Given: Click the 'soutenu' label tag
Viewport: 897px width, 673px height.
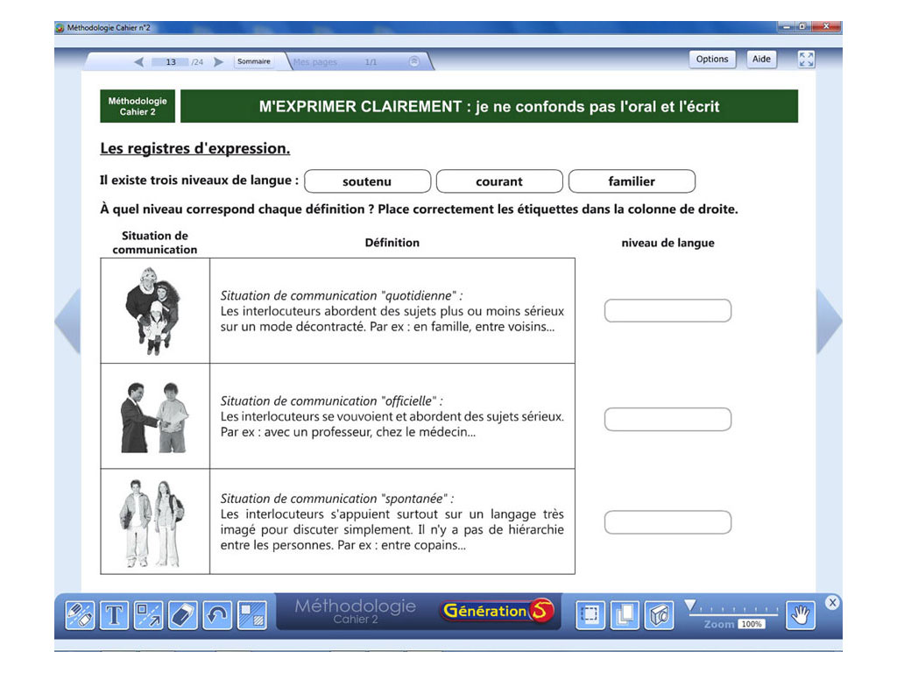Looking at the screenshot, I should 367,181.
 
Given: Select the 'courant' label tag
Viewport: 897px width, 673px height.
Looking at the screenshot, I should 499,181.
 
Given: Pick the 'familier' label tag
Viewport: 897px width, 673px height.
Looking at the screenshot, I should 632,181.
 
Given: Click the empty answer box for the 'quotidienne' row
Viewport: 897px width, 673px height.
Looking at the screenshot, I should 667,310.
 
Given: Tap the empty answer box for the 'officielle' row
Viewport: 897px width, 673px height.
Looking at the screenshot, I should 667,419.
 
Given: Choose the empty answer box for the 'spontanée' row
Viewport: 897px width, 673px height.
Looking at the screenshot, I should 667,522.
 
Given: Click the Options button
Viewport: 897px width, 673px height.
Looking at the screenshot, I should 712,60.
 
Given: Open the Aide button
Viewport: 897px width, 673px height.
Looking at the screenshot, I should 761,60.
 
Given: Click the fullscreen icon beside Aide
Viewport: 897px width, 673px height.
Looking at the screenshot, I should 806,60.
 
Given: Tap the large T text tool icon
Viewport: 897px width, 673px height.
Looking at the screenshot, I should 114,615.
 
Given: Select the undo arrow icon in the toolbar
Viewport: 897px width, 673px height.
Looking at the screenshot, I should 217,615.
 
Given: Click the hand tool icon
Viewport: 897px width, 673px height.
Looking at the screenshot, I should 800,615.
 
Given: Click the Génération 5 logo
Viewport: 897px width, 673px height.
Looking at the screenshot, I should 498,612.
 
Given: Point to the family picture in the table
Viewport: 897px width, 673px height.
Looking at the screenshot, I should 152,310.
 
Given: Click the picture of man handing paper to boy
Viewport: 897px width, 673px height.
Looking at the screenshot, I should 154,417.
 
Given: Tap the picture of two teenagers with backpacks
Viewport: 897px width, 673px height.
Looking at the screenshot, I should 152,522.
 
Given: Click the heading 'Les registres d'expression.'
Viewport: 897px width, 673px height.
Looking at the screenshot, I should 194,148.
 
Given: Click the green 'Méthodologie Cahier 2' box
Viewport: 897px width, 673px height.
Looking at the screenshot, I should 138,106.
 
